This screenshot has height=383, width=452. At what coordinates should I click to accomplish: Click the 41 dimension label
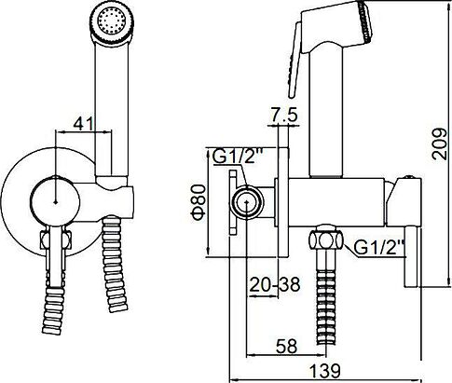pyautogui.click(x=83, y=124)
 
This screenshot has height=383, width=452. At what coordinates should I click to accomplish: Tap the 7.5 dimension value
pyautogui.click(x=283, y=115)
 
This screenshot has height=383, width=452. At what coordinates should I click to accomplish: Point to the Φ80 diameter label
pyautogui.click(x=199, y=202)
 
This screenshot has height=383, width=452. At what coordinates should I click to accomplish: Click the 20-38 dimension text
pyautogui.click(x=275, y=284)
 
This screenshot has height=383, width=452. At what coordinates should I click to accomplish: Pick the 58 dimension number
pyautogui.click(x=286, y=346)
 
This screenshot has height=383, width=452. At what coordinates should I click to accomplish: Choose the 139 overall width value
pyautogui.click(x=325, y=370)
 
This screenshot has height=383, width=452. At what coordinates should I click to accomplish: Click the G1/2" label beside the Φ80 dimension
pyautogui.click(x=238, y=157)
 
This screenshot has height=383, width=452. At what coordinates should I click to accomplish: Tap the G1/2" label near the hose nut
pyautogui.click(x=378, y=248)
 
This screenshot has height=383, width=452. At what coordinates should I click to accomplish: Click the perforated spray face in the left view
pyautogui.click(x=112, y=21)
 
